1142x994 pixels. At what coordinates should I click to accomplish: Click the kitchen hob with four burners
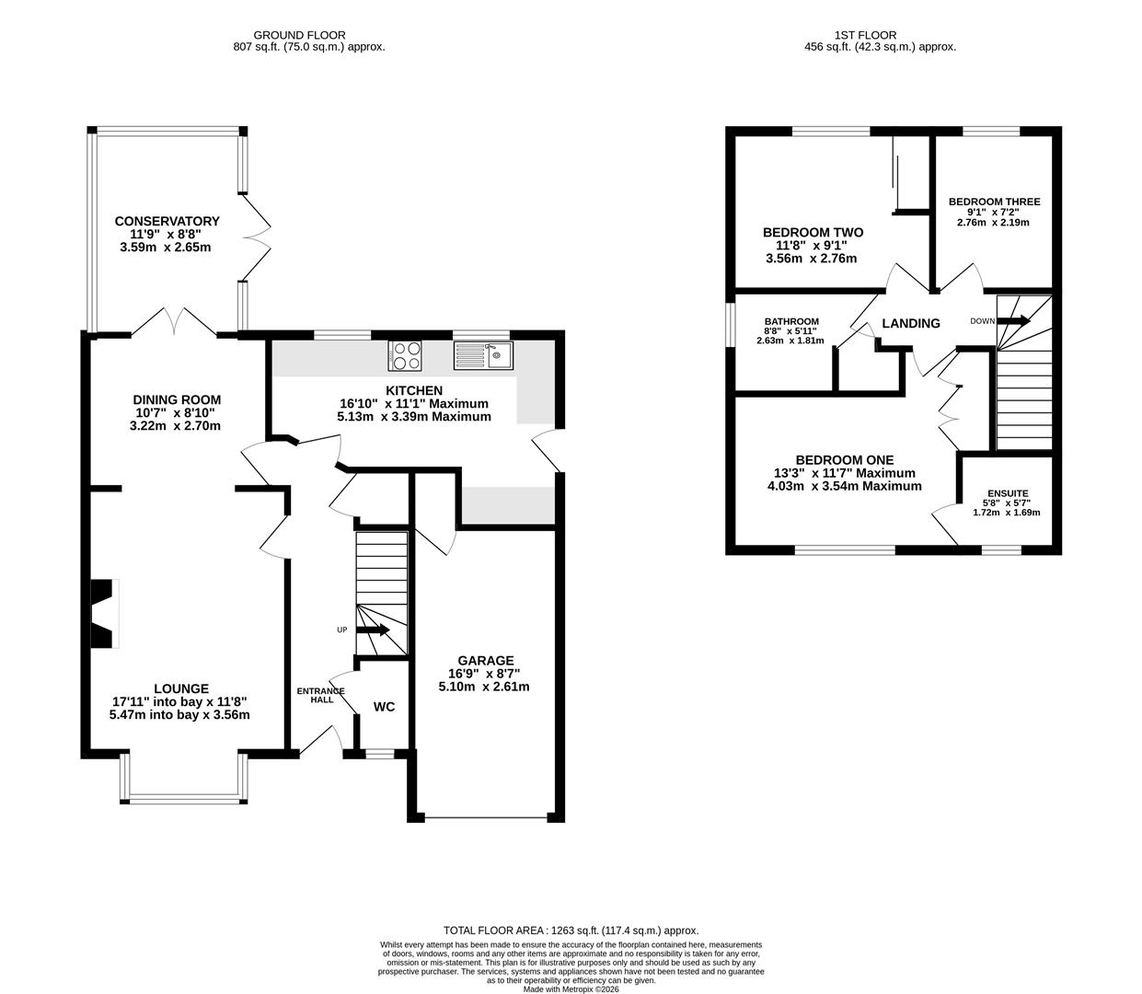click(405, 355)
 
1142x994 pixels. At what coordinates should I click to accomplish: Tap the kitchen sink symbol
click(483, 355)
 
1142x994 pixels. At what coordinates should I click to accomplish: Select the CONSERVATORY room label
click(167, 221)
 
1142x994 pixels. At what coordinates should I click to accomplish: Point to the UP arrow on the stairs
click(373, 630)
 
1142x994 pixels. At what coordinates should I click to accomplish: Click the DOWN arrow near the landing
click(1013, 321)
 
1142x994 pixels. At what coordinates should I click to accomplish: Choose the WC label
click(384, 707)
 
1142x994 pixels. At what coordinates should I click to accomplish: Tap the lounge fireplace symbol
click(105, 613)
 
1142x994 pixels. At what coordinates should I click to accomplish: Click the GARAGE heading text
click(485, 660)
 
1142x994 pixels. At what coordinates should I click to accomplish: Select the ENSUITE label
click(1008, 493)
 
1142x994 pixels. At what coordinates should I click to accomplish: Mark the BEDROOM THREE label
click(994, 202)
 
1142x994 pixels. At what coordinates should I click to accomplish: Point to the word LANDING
click(911, 323)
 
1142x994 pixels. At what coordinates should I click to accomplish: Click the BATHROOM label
click(791, 321)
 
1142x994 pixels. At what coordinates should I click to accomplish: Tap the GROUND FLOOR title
click(299, 35)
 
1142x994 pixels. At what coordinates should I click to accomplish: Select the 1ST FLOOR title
click(865, 35)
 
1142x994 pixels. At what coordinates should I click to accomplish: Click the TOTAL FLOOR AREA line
click(571, 930)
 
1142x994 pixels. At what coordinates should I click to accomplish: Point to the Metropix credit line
click(571, 989)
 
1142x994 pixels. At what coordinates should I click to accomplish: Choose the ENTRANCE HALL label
click(321, 696)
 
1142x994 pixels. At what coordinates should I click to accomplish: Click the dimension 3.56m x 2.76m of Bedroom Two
click(811, 259)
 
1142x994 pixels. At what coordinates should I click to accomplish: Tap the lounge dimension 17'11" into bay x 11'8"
click(179, 701)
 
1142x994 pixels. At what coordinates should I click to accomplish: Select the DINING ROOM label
click(177, 399)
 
